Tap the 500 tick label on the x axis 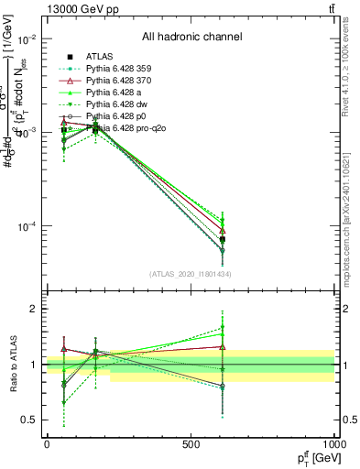pyautogui.click(x=190, y=443)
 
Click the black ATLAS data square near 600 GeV pyautogui.click(x=222, y=239)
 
